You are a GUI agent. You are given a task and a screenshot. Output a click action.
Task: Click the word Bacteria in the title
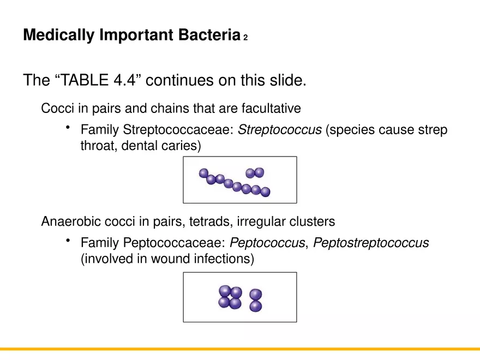tap(209, 35)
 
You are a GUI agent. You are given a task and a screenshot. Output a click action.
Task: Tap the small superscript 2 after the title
tap(246, 38)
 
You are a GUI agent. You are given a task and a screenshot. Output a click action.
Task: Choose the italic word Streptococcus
tap(280, 131)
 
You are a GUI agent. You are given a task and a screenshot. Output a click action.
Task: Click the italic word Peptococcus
tap(267, 243)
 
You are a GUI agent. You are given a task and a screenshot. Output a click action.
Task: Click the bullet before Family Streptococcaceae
tap(68, 128)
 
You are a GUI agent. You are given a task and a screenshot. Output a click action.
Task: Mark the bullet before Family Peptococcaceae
tap(68, 241)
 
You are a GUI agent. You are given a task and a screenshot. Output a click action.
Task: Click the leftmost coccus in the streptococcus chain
tap(204, 173)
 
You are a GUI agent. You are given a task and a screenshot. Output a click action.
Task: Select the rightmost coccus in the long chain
tap(266, 192)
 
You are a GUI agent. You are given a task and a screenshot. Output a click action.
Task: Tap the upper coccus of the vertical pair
tap(255, 295)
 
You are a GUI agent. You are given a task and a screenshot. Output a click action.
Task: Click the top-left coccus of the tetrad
tap(225, 291)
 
